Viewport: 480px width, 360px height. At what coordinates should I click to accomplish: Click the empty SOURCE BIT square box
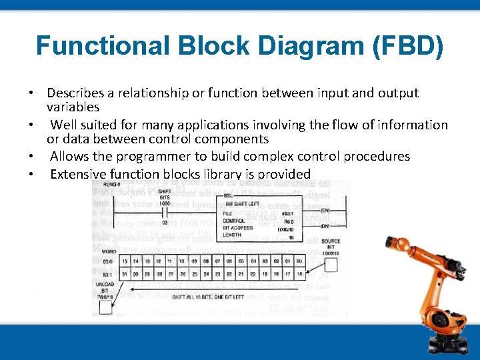pyautogui.click(x=331, y=265)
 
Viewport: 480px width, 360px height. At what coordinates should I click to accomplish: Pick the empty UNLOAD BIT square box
pyautogui.click(x=105, y=306)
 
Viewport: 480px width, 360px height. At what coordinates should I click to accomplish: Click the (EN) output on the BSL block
pyautogui.click(x=325, y=210)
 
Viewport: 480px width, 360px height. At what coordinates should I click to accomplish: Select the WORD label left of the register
pyautogui.click(x=109, y=252)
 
